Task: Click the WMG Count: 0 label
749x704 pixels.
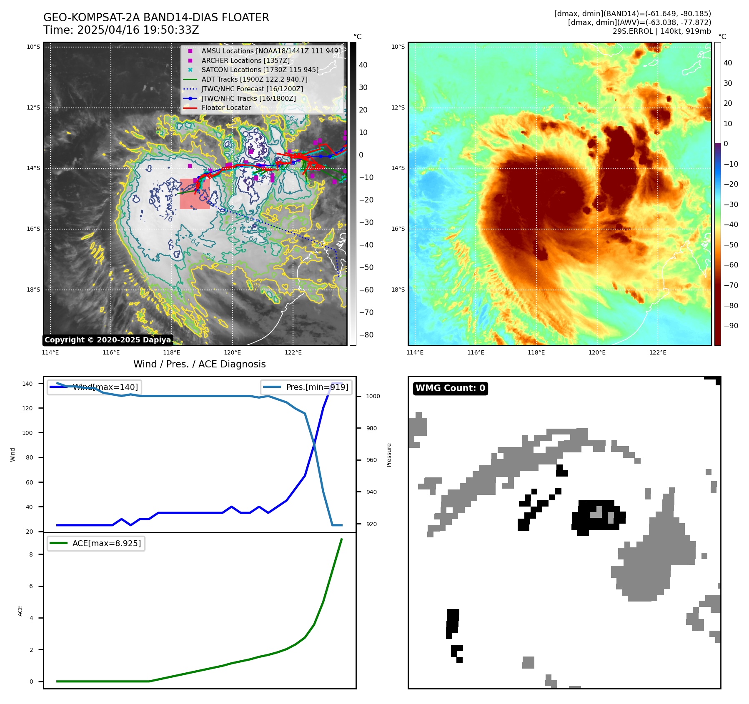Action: pos(450,388)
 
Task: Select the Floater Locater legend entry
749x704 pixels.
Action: pos(226,108)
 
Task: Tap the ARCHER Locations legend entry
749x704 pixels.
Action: pos(245,60)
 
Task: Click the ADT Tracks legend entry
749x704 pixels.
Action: pos(254,79)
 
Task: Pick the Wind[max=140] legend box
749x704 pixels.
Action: pos(94,387)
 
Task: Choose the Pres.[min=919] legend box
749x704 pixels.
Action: pos(306,387)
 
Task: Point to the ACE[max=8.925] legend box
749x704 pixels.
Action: pos(96,543)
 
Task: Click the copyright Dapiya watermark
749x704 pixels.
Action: pos(108,340)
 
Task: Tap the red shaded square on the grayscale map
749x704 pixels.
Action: pos(195,194)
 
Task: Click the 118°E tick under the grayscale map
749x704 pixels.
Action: pos(172,353)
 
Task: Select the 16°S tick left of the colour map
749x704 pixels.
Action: pos(398,229)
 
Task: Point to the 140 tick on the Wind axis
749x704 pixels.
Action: pos(28,384)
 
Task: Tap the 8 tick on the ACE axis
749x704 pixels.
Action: pos(31,554)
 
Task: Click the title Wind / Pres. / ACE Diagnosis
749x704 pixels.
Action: pos(199,364)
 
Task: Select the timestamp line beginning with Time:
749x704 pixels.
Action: pos(121,30)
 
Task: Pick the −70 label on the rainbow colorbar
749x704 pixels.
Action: pos(731,285)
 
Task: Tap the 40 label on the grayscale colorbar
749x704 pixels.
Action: pos(363,65)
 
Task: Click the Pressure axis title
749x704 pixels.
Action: pos(389,455)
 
